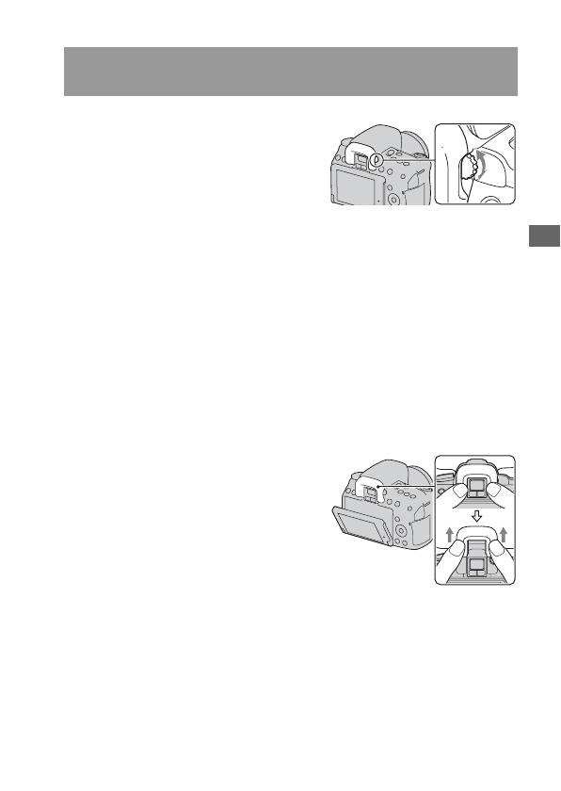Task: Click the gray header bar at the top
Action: pyautogui.click(x=291, y=71)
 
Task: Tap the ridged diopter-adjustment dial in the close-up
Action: pyautogui.click(x=470, y=172)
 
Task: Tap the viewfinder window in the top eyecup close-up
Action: pyautogui.click(x=476, y=486)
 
